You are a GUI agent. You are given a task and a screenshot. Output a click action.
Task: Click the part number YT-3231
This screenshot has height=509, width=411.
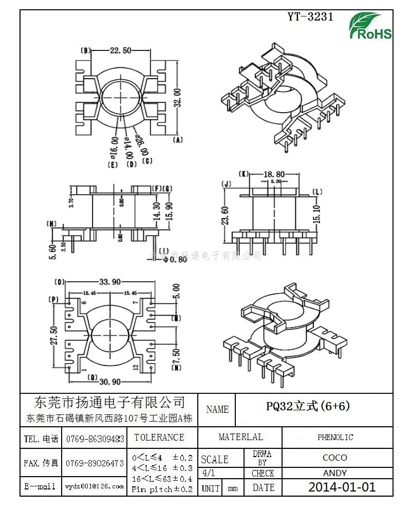310,16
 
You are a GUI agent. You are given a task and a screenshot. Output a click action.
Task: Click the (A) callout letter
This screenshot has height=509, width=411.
178,140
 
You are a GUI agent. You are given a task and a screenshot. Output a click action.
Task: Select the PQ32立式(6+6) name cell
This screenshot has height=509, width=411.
308,406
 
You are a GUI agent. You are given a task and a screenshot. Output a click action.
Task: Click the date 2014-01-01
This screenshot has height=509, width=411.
342,487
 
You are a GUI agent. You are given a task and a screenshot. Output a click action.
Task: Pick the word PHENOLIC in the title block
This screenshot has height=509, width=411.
335,438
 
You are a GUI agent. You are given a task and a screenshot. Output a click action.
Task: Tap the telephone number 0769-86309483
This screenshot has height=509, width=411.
95,439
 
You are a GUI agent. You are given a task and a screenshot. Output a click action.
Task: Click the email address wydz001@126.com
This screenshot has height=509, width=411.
95,486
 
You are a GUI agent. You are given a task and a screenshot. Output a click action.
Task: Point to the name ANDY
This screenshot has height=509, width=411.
335,473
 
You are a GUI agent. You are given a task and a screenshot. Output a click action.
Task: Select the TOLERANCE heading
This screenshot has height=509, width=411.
159,438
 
